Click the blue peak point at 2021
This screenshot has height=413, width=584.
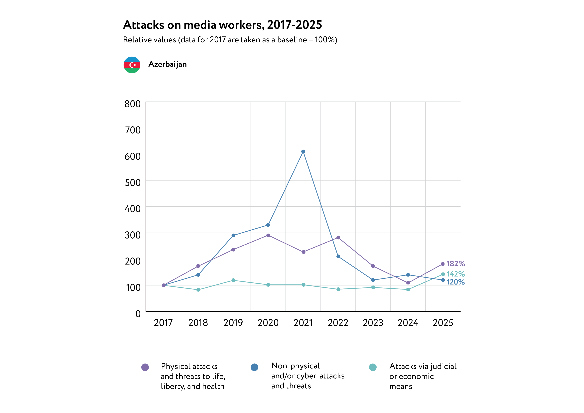click(x=303, y=152)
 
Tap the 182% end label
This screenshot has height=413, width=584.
click(x=455, y=264)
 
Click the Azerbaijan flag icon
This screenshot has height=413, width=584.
click(x=132, y=65)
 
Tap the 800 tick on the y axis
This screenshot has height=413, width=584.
click(x=133, y=104)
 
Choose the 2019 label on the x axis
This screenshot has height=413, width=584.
click(x=233, y=323)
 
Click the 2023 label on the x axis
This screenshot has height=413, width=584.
click(x=373, y=323)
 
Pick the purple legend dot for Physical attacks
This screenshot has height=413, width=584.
click(x=145, y=367)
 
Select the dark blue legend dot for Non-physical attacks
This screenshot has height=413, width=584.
click(x=254, y=367)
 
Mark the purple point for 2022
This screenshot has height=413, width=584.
click(x=338, y=238)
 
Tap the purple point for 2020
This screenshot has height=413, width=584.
click(x=268, y=236)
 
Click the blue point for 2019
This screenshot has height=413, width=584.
click(x=233, y=236)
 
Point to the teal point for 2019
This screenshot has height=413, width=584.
click(x=233, y=280)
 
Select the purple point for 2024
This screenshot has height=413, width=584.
click(x=408, y=283)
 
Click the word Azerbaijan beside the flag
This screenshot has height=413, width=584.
click(x=168, y=64)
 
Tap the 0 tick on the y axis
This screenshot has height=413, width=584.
click(x=138, y=314)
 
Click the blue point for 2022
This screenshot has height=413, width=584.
click(x=338, y=257)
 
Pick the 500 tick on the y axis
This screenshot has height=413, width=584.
click(x=133, y=183)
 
